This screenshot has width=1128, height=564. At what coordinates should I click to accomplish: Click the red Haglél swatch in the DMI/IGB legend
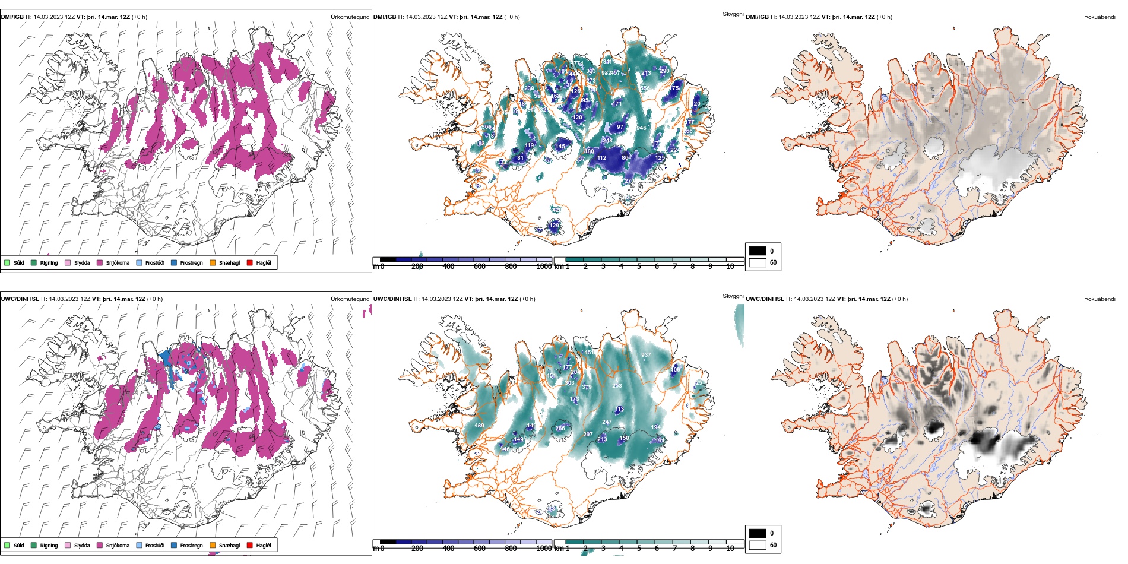(250, 262)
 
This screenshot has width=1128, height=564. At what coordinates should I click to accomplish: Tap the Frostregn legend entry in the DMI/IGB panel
(174, 262)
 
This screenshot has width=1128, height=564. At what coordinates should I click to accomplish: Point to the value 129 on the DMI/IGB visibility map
(555, 225)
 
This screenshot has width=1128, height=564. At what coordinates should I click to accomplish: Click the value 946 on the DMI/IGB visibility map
(641, 128)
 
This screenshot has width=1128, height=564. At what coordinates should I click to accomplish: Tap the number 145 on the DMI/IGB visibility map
(560, 146)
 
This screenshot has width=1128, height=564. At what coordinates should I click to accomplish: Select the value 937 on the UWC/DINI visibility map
(646, 355)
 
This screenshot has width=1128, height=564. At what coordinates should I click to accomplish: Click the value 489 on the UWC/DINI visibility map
(479, 426)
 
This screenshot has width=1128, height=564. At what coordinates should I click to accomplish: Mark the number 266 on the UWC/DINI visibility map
(560, 428)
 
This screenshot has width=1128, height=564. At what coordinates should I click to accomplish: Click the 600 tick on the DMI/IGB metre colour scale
(480, 267)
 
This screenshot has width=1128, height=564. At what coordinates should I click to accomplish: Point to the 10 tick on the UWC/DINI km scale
(730, 549)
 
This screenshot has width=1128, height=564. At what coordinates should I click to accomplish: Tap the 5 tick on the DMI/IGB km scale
(639, 267)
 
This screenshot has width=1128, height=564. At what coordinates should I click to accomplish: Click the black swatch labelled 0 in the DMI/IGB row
(758, 251)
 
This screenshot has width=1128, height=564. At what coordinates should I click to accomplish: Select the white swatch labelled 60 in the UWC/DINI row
(758, 545)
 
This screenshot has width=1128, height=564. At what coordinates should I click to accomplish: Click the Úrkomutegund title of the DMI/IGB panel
(350, 17)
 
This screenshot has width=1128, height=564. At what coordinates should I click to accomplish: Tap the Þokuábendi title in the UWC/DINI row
(1100, 299)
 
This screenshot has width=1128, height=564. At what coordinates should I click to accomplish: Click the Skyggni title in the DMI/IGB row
(733, 14)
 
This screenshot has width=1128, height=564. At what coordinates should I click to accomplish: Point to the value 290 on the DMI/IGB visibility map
(664, 71)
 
